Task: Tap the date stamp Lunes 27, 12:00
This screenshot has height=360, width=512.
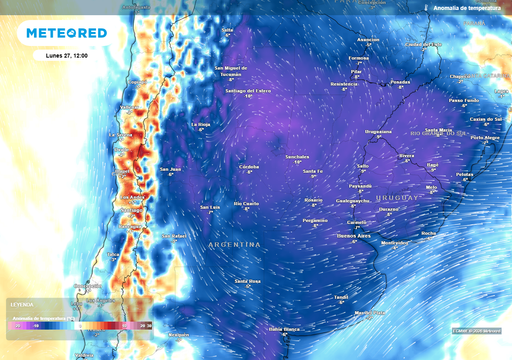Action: pyautogui.click(x=66, y=55)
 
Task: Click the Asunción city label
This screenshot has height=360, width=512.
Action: pyautogui.click(x=368, y=39)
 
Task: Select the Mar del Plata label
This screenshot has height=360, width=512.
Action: pyautogui.click(x=370, y=313)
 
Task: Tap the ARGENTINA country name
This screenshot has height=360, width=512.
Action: pyautogui.click(x=233, y=244)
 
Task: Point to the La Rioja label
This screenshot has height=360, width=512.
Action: pyautogui.click(x=200, y=123)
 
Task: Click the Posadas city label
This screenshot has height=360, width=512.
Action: pyautogui.click(x=400, y=81)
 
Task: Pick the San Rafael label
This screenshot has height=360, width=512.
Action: pyautogui.click(x=176, y=236)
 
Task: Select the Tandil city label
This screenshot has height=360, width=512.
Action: pyautogui.click(x=341, y=297)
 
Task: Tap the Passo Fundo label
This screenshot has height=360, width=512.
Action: pyautogui.click(x=463, y=100)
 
